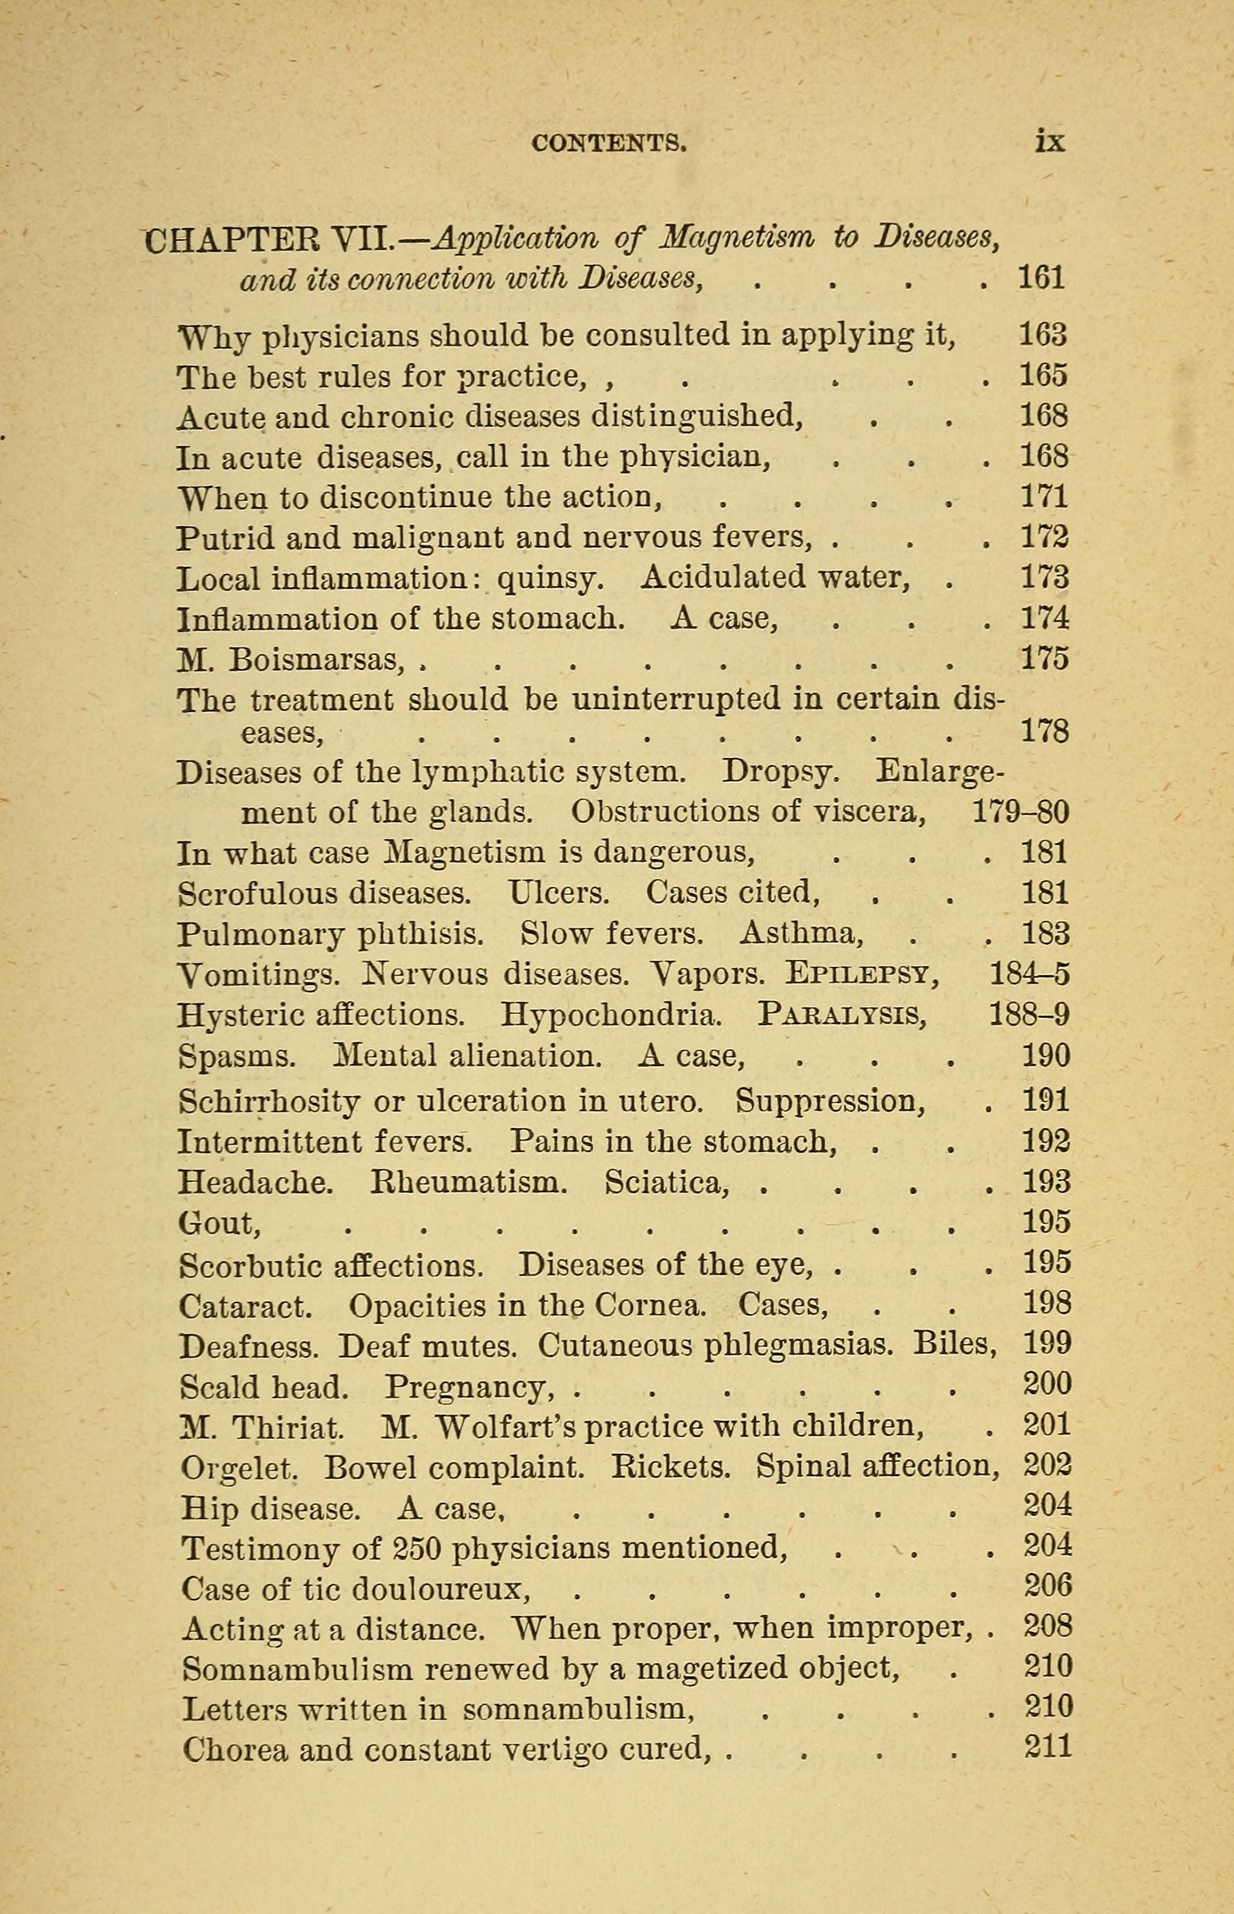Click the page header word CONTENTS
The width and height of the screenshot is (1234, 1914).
click(608, 143)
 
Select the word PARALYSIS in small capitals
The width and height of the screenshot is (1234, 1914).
click(841, 1016)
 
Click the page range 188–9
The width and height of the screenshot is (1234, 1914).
click(1030, 1016)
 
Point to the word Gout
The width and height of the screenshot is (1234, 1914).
click(218, 1222)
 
